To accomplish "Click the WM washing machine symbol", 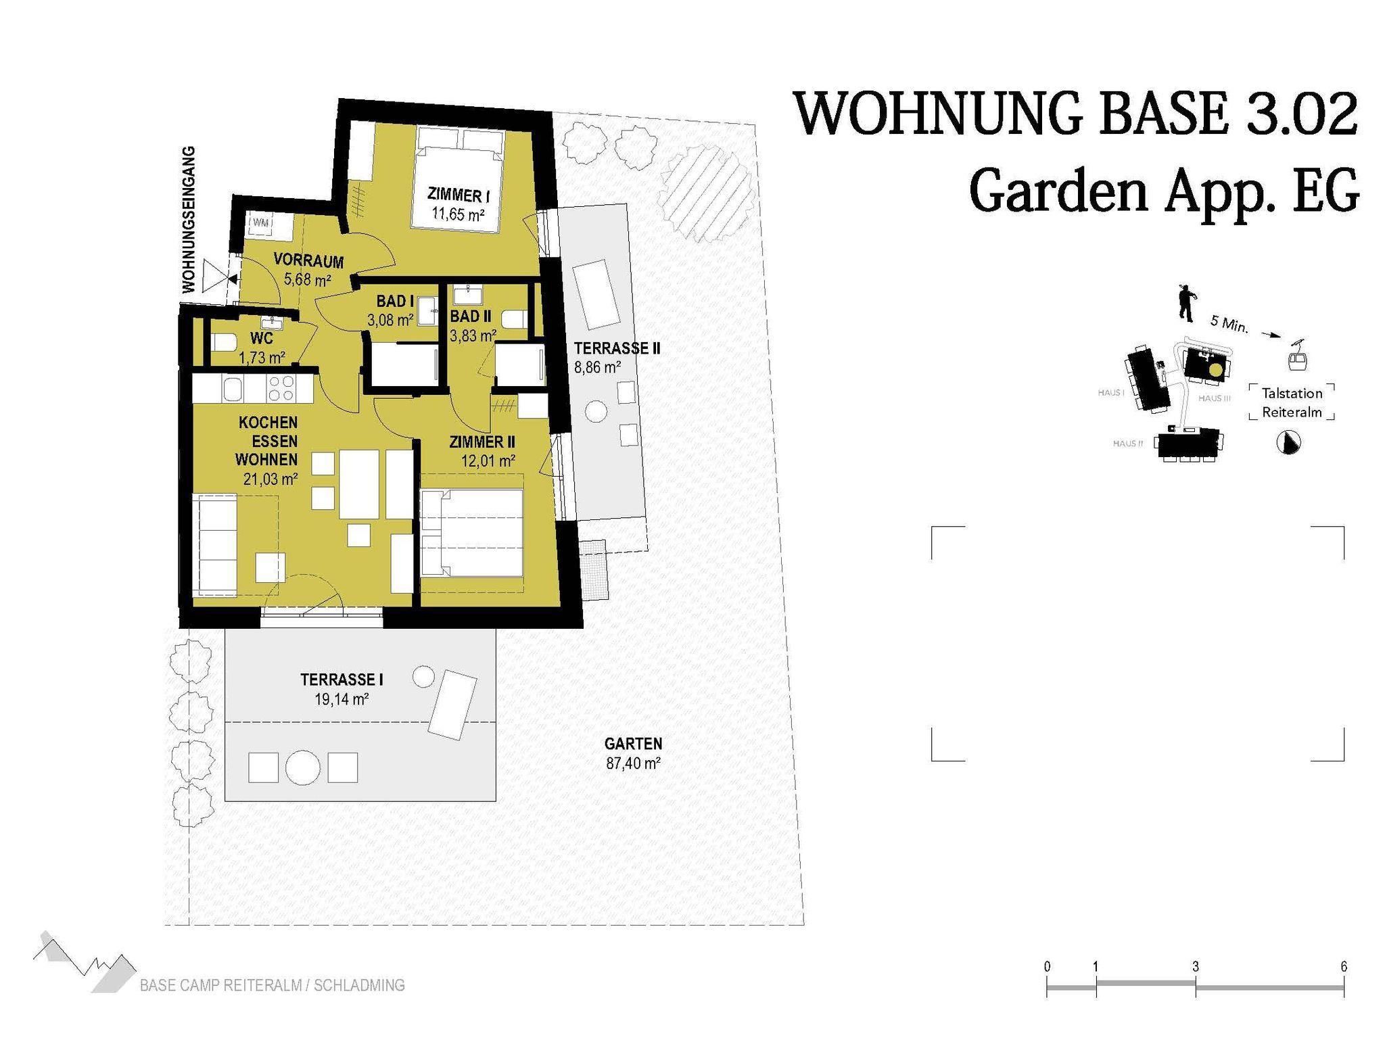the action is [260, 223].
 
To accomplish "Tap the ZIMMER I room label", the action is [459, 195].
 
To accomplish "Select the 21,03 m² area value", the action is [271, 479].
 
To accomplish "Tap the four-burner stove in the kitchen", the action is [281, 389].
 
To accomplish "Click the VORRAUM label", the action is [309, 260].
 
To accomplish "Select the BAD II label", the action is [471, 316].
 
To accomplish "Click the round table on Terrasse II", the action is [596, 411].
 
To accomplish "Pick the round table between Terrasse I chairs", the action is [302, 767].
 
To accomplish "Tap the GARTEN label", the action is [633, 744].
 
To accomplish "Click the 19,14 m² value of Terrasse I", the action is [342, 699].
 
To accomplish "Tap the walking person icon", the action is [1186, 302].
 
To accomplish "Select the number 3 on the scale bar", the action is [1196, 967].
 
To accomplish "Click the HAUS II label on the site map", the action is [1127, 444].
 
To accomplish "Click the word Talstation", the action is [1292, 394].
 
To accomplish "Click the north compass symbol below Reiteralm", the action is [1289, 443].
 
